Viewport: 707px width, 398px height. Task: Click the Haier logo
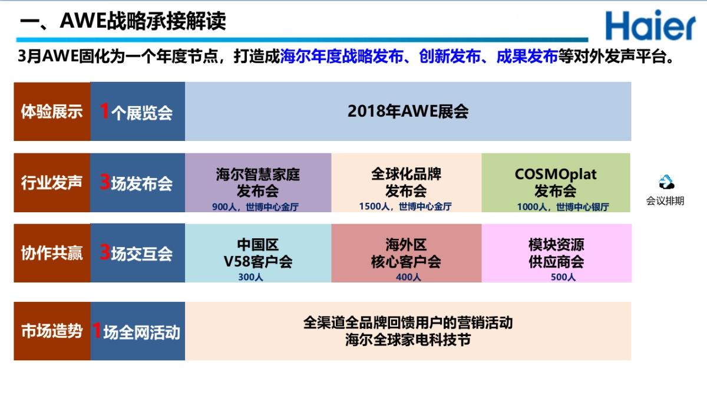[x=650, y=25]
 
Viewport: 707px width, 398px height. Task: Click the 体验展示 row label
[x=52, y=111]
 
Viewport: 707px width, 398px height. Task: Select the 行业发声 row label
[x=52, y=183]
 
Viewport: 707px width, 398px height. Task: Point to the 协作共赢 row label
[x=52, y=253]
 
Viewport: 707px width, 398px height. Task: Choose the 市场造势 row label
[x=52, y=331]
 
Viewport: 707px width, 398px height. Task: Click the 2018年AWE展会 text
[x=408, y=111]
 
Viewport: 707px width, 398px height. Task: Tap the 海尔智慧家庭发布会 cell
[x=258, y=182]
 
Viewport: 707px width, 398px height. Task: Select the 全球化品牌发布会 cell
[x=406, y=182]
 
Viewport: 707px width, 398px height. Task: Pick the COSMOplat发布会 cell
[x=556, y=182]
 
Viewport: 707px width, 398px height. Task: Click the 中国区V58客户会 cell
[x=258, y=252]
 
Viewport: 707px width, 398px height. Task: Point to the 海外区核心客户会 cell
[x=406, y=252]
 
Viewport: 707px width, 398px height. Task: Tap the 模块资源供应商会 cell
[x=556, y=252]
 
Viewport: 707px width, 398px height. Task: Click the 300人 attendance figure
[x=250, y=277]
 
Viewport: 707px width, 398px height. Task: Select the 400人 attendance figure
[x=408, y=277]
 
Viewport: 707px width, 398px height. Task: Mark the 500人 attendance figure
[x=563, y=277]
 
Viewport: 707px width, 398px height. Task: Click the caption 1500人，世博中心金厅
[x=405, y=207]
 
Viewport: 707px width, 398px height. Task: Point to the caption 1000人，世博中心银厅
[x=563, y=207]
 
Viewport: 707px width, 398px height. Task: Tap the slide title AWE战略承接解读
[x=123, y=22]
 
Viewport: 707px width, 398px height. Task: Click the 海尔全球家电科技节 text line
[x=408, y=340]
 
